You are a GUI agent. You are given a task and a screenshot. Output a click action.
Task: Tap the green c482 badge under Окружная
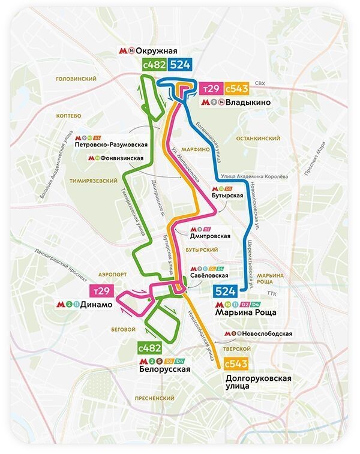coord(153,65)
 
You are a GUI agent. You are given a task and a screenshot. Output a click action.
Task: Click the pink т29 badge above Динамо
coord(102,291)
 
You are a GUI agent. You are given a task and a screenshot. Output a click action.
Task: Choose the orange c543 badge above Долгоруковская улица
coord(236,364)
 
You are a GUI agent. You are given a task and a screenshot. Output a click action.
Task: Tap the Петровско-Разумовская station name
coord(111,145)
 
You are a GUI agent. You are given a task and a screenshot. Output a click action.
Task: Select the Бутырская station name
coord(227,196)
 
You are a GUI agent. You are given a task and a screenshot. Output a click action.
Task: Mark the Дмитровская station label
coord(210,236)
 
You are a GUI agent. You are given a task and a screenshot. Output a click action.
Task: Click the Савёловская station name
coord(209,275)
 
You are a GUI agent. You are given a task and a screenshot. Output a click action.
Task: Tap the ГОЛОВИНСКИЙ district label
coord(76,79)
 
